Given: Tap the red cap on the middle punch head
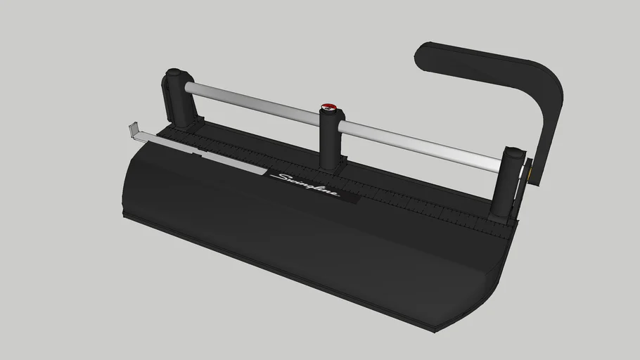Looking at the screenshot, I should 328,108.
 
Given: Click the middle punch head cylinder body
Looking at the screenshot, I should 329,141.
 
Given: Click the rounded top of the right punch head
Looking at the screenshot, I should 516,151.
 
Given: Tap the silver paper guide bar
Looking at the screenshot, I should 204,152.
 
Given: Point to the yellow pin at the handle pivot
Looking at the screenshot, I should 528,169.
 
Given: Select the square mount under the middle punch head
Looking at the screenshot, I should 331,166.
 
